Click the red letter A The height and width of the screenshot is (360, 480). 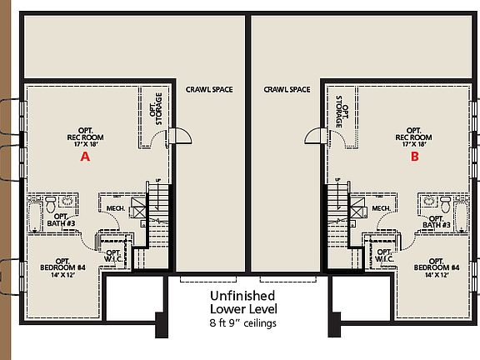[x=83, y=156]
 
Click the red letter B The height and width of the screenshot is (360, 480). [x=414, y=156]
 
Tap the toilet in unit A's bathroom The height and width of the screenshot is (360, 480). [x=50, y=202]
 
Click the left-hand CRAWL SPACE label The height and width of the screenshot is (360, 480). [x=208, y=89]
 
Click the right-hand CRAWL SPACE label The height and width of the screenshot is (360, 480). [x=287, y=89]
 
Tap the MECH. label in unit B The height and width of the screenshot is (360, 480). [x=382, y=208]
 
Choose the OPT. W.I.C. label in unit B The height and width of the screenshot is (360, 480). [x=383, y=254]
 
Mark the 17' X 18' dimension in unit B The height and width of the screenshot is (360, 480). [x=414, y=144]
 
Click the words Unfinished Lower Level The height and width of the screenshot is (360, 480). [x=248, y=302]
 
